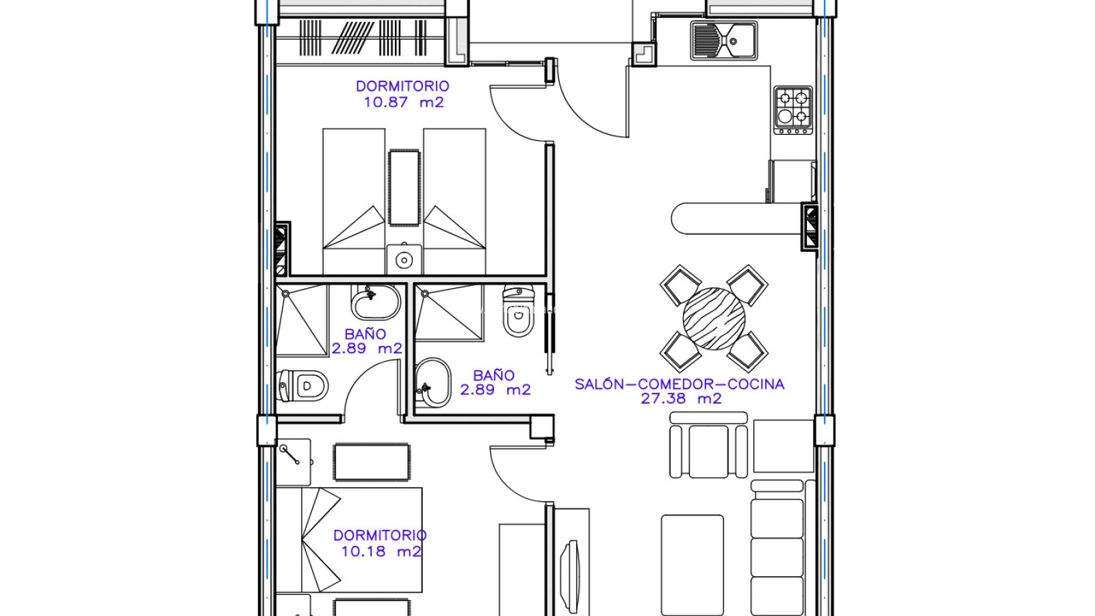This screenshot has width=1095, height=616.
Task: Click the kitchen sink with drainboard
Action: coord(723,40)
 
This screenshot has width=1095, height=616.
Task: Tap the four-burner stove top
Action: coord(793,110)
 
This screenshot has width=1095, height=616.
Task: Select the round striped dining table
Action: coord(714,319)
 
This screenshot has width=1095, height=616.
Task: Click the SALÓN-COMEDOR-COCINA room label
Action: coord(680,384)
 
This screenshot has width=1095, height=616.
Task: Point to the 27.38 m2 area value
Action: coord(681,399)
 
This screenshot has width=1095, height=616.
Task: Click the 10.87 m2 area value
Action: coord(404,103)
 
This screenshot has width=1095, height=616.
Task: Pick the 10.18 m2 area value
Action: coord(381,552)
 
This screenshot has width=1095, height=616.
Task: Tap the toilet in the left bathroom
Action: coord(302,386)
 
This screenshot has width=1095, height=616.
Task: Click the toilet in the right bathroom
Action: coord(519,311)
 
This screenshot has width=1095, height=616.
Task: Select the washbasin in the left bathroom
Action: coord(376,302)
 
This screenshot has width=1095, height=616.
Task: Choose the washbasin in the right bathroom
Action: coord(433,383)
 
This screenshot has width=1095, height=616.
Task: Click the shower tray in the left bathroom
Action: coord(302,320)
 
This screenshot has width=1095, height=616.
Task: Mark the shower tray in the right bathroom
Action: coord(449,313)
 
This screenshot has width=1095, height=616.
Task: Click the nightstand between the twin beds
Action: coord(404,259)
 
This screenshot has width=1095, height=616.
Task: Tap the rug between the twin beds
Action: coord(404,188)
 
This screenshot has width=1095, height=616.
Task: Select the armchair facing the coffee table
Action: coord(708,445)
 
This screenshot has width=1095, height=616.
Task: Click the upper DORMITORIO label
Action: coord(402,86)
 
